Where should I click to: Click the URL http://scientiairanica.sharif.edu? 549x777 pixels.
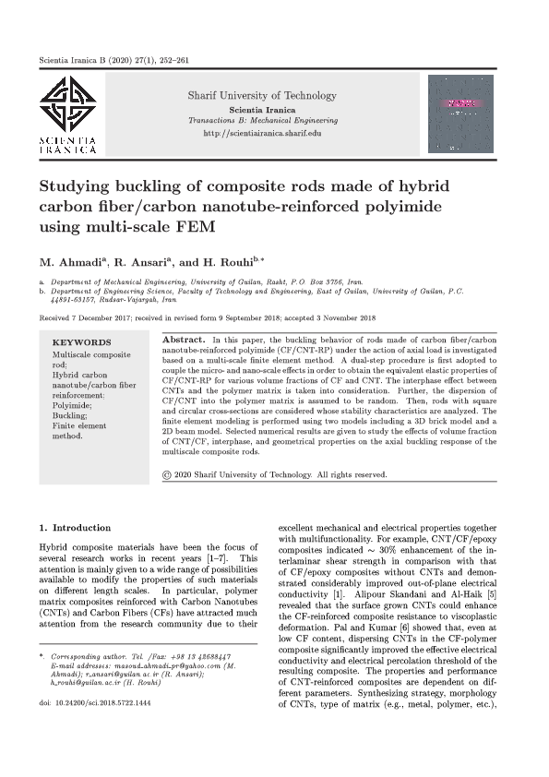262,134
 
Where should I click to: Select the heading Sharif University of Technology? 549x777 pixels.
262,95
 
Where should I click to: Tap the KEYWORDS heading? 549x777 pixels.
81,342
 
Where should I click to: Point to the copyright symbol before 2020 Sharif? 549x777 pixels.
167,475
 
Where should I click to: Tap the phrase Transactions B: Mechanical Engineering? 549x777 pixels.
262,121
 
